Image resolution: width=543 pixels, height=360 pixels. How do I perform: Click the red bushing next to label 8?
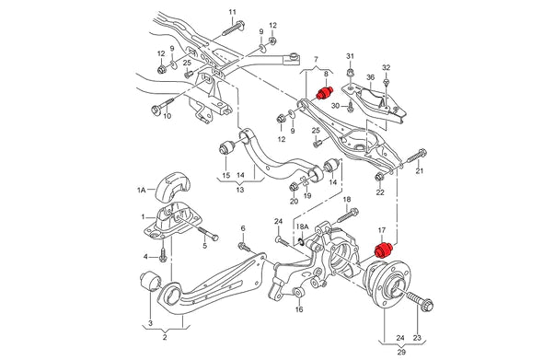point(323,94)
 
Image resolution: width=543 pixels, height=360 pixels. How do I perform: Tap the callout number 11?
point(231,11)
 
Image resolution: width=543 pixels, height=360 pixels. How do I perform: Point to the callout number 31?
point(350,58)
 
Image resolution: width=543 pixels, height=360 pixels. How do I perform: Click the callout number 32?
point(386,67)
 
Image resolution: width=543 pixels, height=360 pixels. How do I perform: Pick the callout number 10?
point(167,117)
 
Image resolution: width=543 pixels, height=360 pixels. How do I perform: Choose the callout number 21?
point(419,171)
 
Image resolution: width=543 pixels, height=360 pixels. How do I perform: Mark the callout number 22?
point(379,192)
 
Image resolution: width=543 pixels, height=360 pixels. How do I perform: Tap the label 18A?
point(301,226)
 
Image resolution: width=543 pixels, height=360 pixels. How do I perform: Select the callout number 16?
point(298,310)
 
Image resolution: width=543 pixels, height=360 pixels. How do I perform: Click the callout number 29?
point(399,353)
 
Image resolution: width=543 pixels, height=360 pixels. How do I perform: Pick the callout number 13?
point(240,190)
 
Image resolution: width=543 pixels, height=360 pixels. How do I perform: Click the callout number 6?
point(243,228)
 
